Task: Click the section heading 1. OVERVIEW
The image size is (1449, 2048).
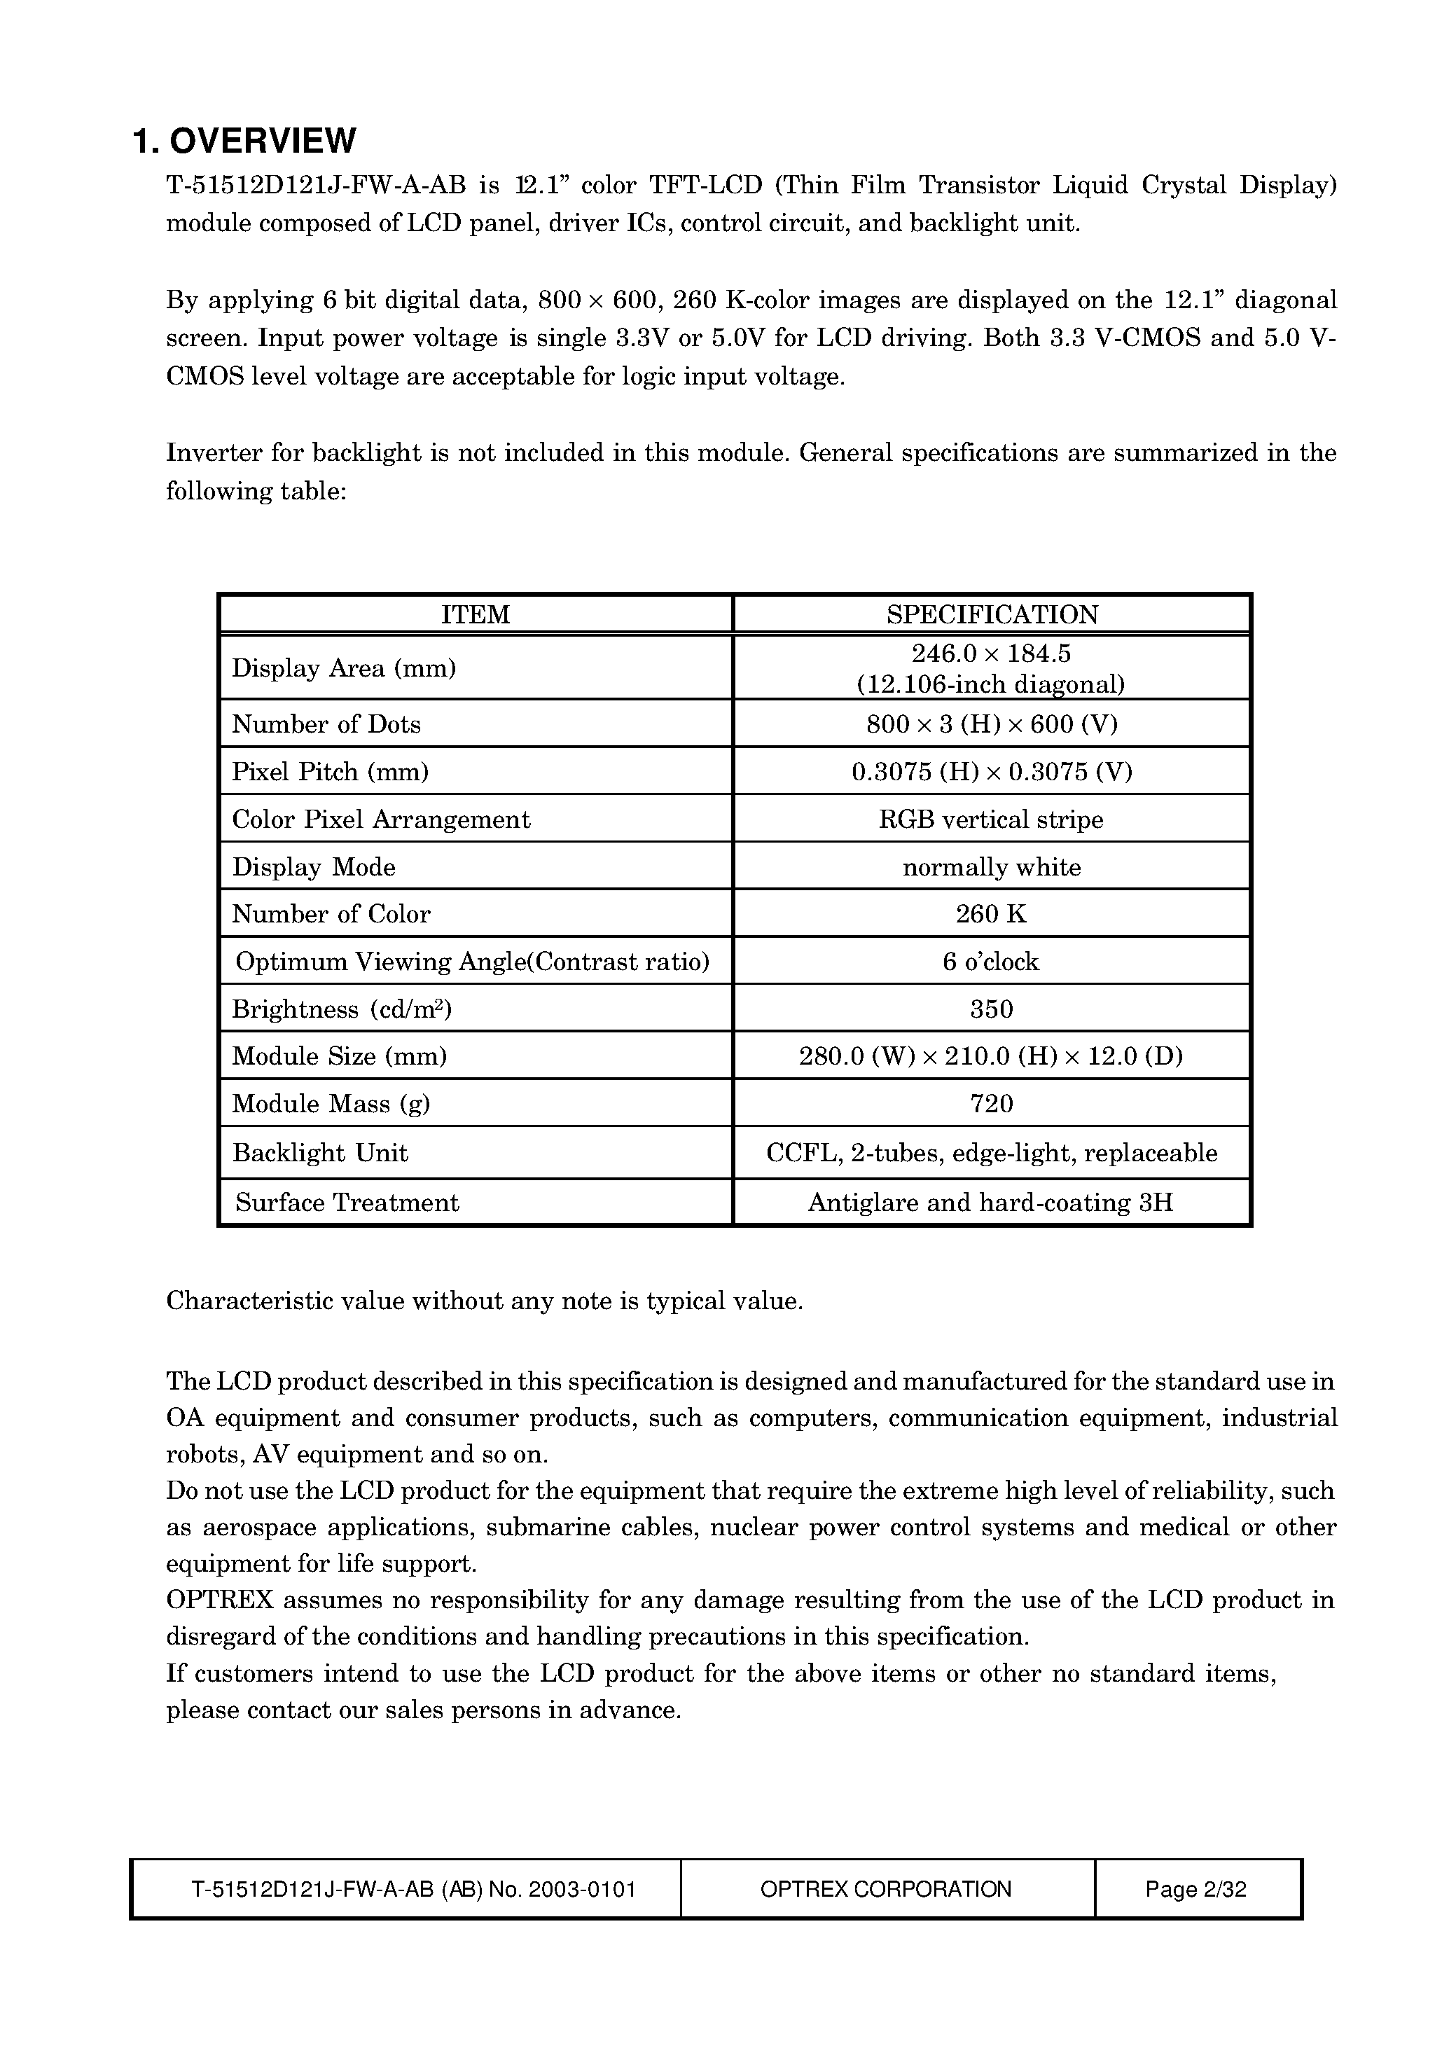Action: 244,141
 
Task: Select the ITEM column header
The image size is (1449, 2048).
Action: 475,615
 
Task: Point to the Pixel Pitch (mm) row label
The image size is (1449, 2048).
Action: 330,772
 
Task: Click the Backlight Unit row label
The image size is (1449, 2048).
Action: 319,1153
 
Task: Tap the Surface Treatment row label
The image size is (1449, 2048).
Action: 347,1203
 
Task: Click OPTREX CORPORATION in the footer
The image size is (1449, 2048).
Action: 886,1889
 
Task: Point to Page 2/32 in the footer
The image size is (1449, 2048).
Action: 1195,1889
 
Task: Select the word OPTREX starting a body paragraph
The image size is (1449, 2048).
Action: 219,1600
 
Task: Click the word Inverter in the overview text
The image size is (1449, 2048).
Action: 212,453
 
